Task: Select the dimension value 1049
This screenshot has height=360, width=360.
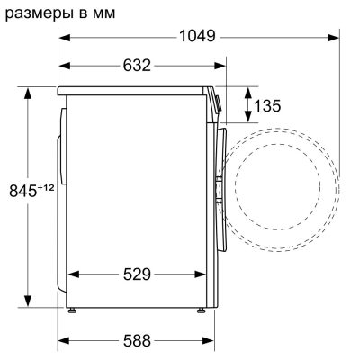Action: point(197,36)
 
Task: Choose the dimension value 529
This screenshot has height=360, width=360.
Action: point(138,273)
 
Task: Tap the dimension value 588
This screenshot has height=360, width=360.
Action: point(136,341)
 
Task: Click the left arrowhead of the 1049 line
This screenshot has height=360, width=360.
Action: point(63,37)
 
